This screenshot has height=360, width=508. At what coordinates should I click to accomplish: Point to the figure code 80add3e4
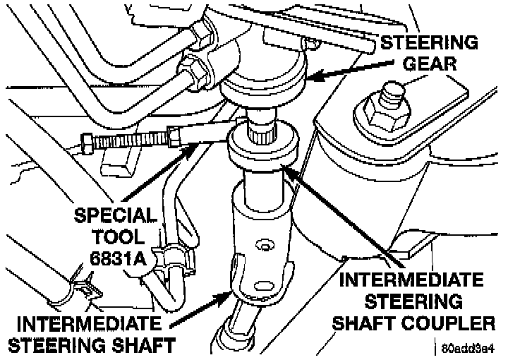469,349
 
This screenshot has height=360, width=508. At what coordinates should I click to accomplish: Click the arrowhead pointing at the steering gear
311,75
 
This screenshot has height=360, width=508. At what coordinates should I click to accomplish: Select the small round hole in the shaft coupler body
265,246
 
